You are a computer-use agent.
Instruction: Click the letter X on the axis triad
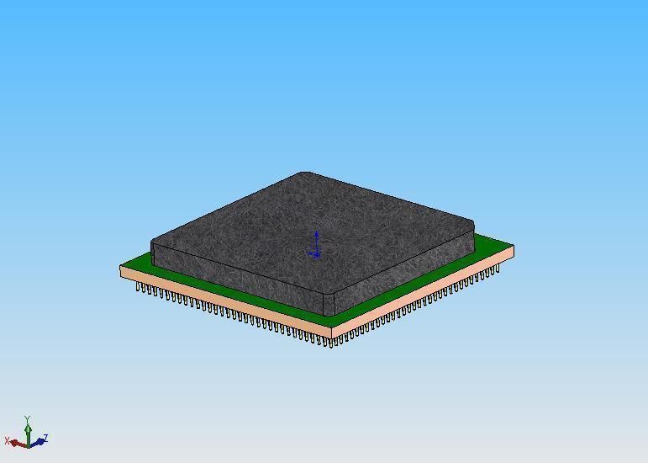[8, 440]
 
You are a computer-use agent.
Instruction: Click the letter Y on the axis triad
[28, 418]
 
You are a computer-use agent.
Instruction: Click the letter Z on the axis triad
[45, 438]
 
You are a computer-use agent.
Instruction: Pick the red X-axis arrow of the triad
[18, 444]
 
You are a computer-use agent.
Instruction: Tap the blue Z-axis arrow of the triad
[37, 441]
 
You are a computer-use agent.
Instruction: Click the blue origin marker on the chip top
[315, 247]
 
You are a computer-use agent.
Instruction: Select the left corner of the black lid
[154, 245]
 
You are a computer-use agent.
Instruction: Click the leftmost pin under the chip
[138, 287]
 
